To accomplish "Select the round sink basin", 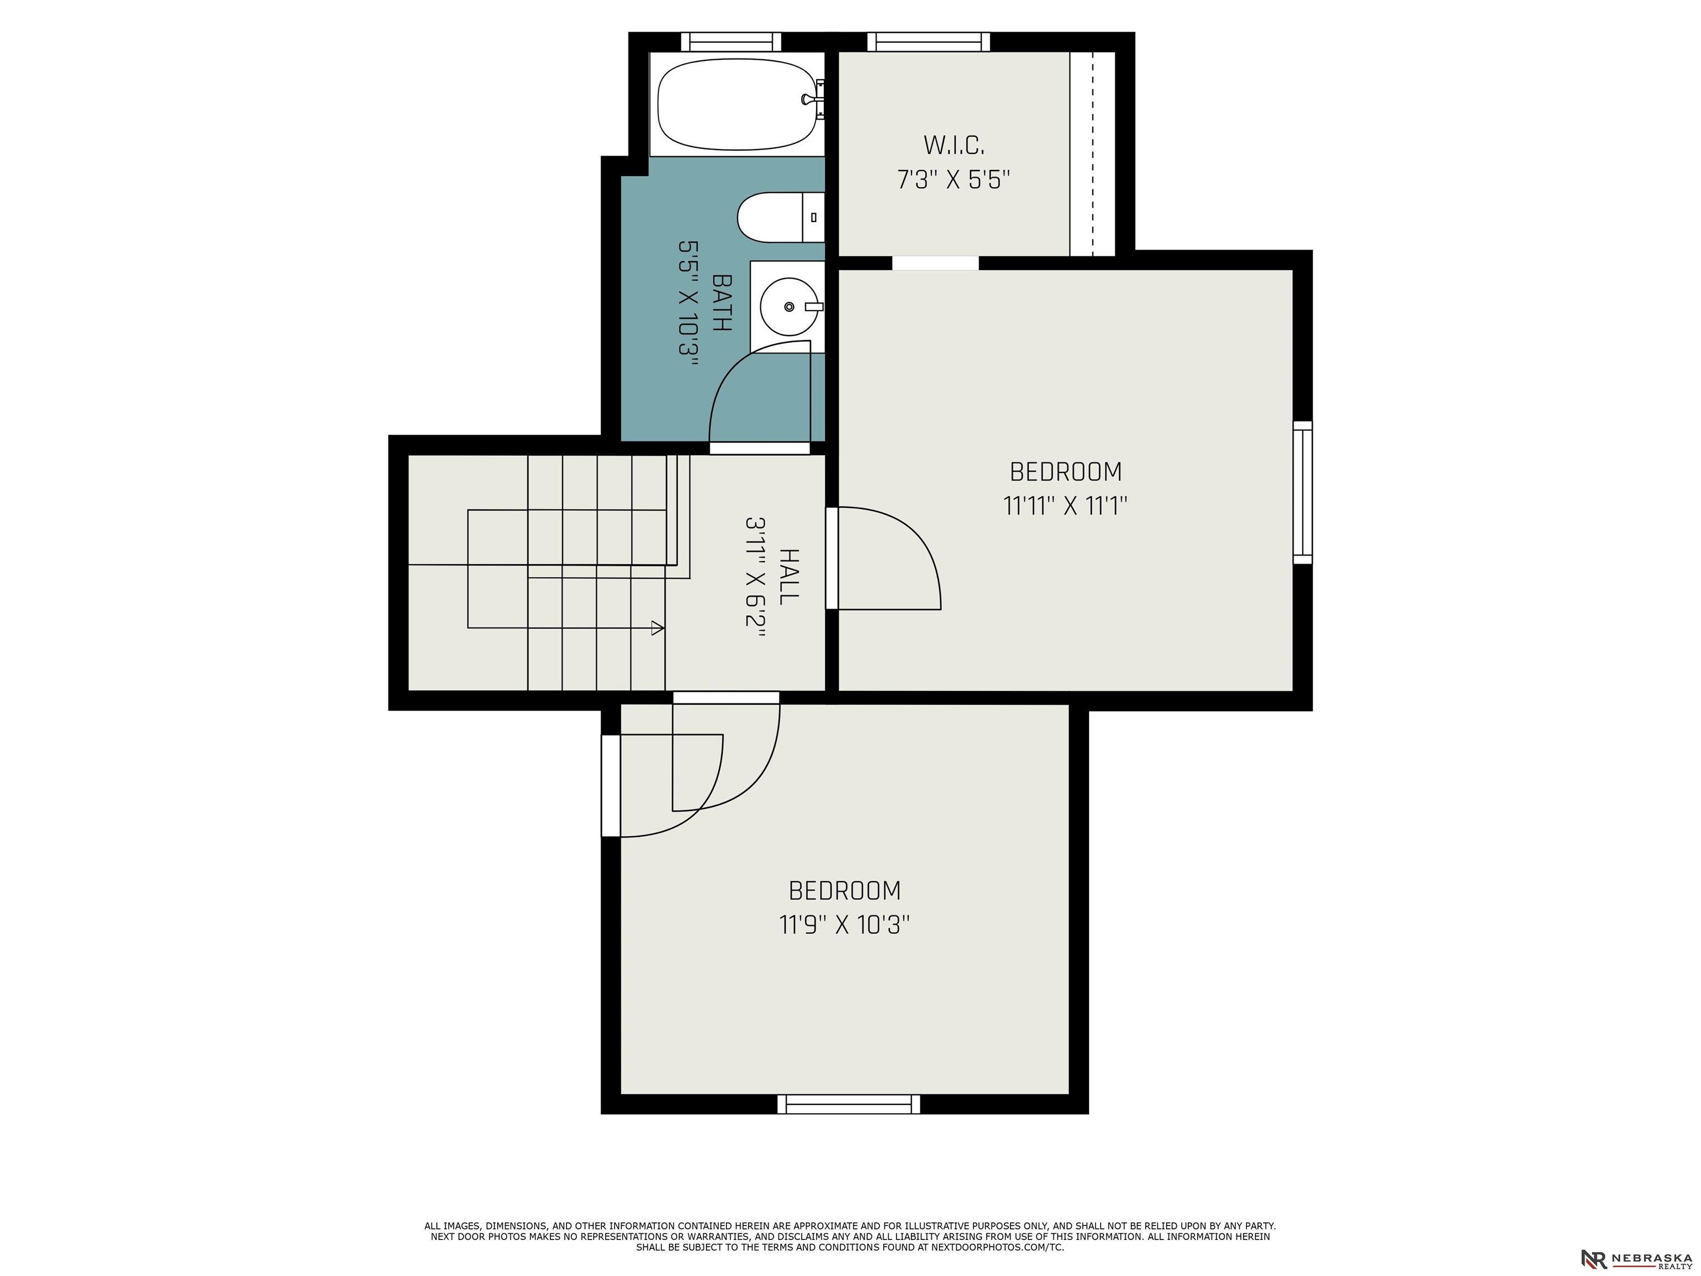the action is coord(789,307).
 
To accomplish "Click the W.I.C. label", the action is coord(953,145).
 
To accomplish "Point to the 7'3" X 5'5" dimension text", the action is coord(953,180).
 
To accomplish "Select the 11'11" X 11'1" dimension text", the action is coord(1065,506).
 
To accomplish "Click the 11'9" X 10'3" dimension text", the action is coord(844,924).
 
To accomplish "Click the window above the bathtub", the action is coord(730,42).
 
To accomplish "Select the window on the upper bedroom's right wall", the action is coord(1303,492).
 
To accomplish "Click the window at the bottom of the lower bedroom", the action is coord(848,1104).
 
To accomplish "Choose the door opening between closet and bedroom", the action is coord(935,263).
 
